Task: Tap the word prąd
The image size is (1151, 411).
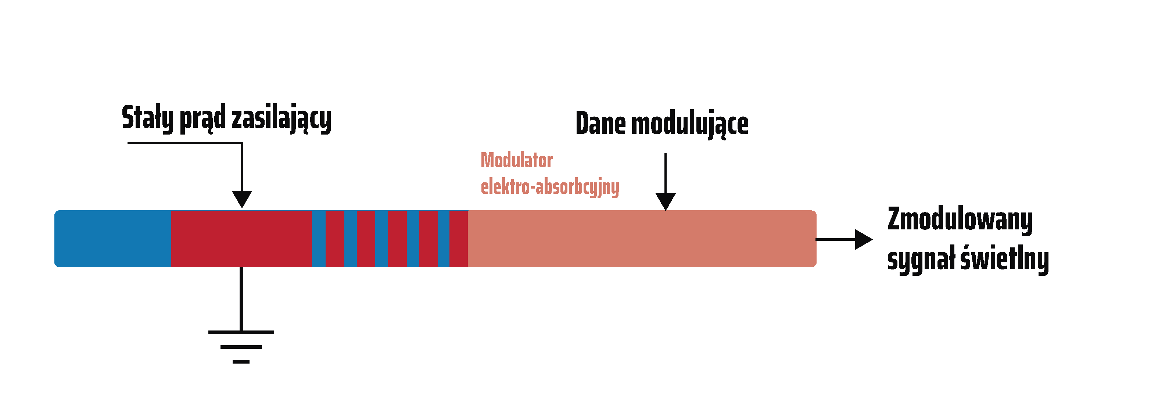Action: [203, 119]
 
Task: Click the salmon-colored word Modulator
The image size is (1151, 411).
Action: [517, 160]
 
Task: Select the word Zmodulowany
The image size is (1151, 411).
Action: [960, 220]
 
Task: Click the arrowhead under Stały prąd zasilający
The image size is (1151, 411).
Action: [242, 199]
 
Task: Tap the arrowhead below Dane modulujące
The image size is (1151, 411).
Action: [665, 201]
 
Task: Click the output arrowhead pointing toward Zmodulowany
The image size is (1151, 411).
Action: [864, 239]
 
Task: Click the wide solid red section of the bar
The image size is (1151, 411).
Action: [241, 239]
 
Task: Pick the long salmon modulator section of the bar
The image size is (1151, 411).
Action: [642, 239]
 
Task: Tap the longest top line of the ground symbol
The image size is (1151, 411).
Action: [241, 332]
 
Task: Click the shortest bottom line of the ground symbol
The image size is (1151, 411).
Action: [241, 362]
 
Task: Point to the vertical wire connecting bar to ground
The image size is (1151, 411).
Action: [241, 299]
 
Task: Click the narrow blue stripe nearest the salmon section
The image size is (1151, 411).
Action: [443, 239]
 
